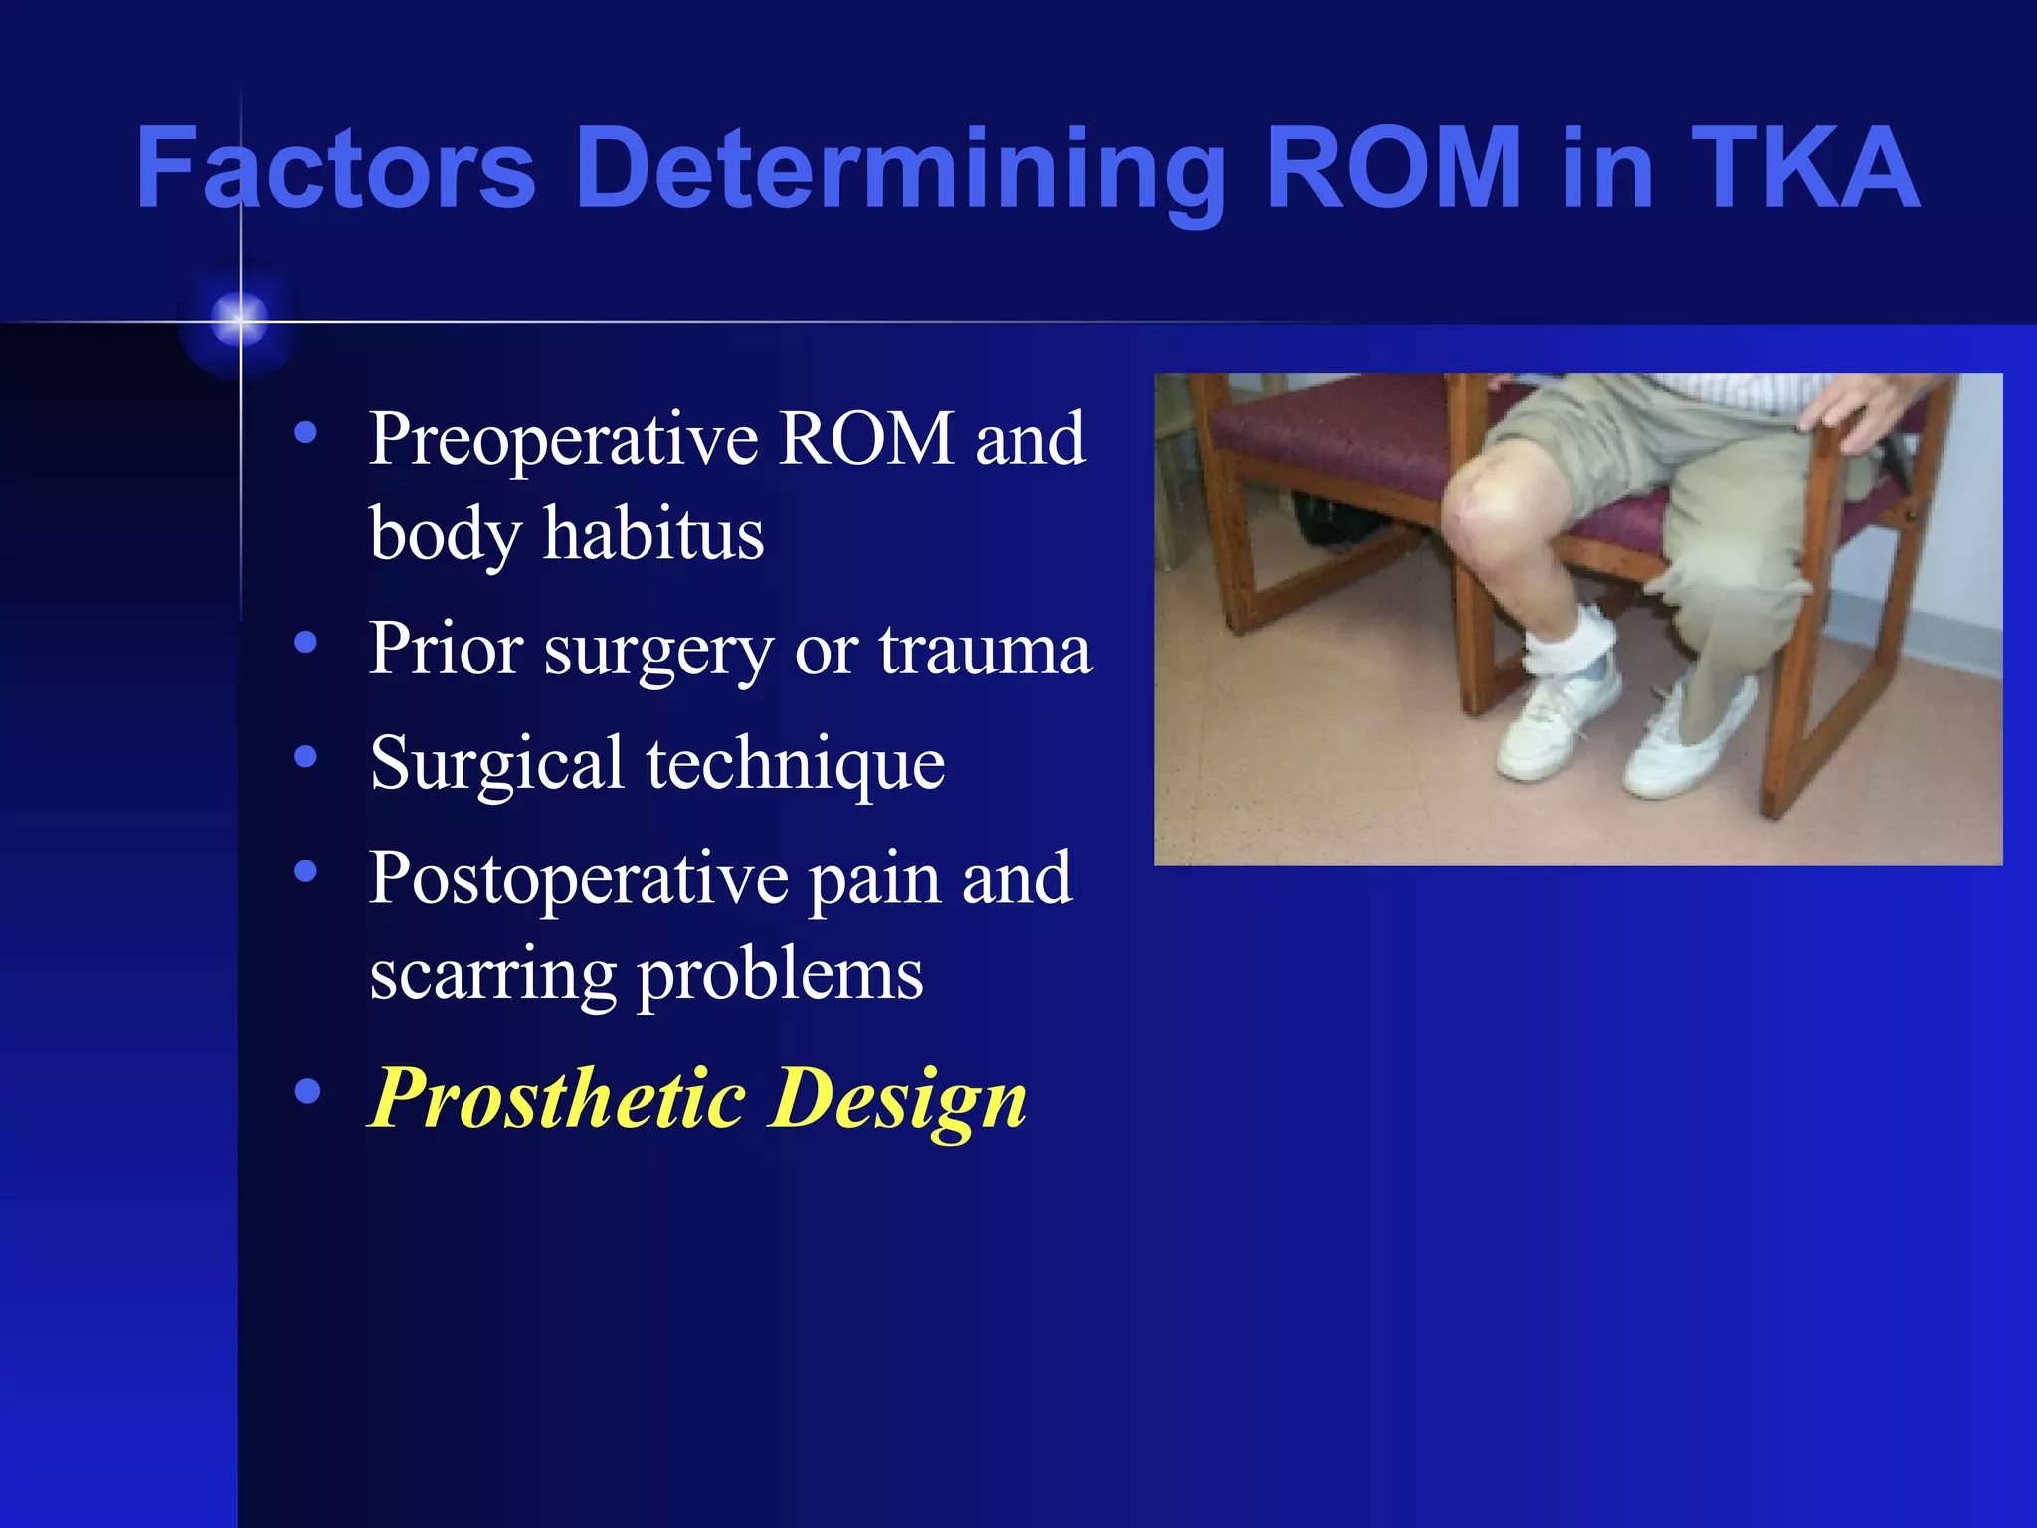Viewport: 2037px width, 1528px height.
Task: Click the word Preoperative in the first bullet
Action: [563, 439]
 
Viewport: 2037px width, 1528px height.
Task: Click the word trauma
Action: [985, 649]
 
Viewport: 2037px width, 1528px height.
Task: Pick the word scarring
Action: [492, 975]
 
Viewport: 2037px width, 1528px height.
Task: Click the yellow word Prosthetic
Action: [557, 1098]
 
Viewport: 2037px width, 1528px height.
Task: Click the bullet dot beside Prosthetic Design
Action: [307, 1091]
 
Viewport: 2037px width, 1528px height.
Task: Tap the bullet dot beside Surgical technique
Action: [306, 757]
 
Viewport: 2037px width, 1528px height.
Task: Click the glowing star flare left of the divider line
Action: [239, 321]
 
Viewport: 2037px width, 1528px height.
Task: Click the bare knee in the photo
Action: [1482, 497]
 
